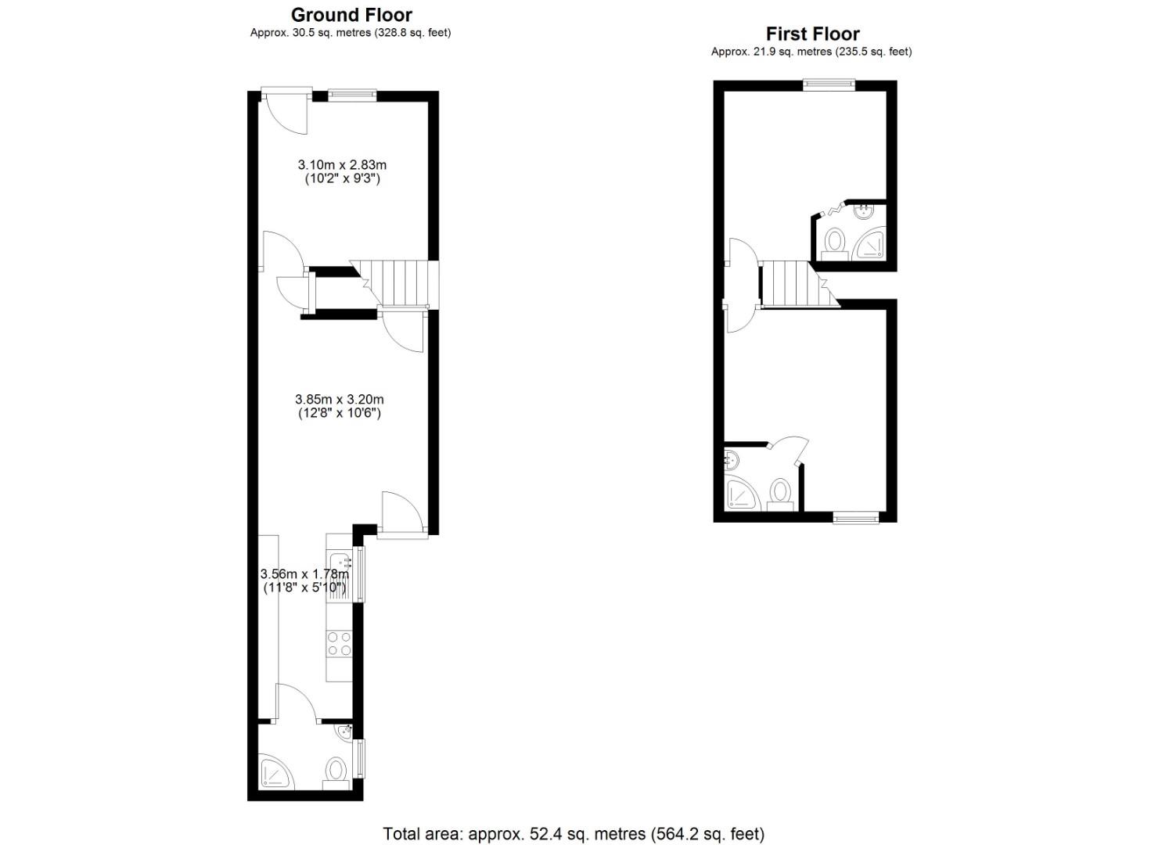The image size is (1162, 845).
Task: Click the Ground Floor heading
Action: pyautogui.click(x=351, y=15)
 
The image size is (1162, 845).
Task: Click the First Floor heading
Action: pyautogui.click(x=812, y=34)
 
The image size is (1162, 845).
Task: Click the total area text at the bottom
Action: pyautogui.click(x=574, y=833)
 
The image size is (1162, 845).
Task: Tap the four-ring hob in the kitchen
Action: pyautogui.click(x=340, y=644)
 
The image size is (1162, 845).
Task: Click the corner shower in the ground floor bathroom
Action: pyautogui.click(x=275, y=771)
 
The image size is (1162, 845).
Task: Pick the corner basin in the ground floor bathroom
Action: pyautogui.click(x=345, y=732)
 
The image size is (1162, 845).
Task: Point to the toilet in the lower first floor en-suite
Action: pyautogui.click(x=779, y=492)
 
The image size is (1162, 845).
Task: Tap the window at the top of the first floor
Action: pyautogui.click(x=829, y=85)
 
